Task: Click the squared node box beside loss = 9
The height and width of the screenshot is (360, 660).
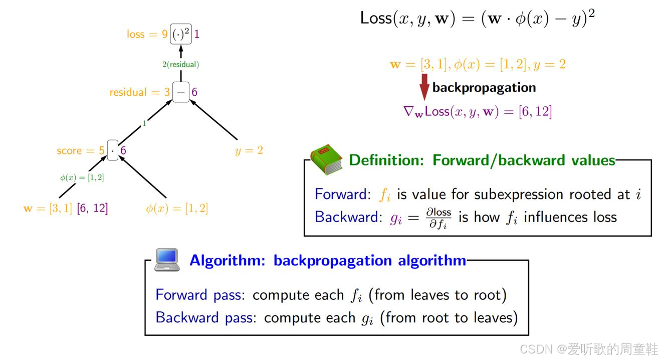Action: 181,34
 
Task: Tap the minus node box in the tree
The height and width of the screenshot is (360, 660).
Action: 181,92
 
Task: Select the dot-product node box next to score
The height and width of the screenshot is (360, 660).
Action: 113,150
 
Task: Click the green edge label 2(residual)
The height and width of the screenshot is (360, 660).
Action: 180,64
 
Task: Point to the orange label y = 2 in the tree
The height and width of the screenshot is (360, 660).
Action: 249,150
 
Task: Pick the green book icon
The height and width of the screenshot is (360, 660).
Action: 326,161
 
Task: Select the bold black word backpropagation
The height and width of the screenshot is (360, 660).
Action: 484,87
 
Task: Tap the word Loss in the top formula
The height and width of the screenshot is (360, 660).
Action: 376,18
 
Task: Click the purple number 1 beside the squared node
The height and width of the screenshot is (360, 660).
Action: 197,34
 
